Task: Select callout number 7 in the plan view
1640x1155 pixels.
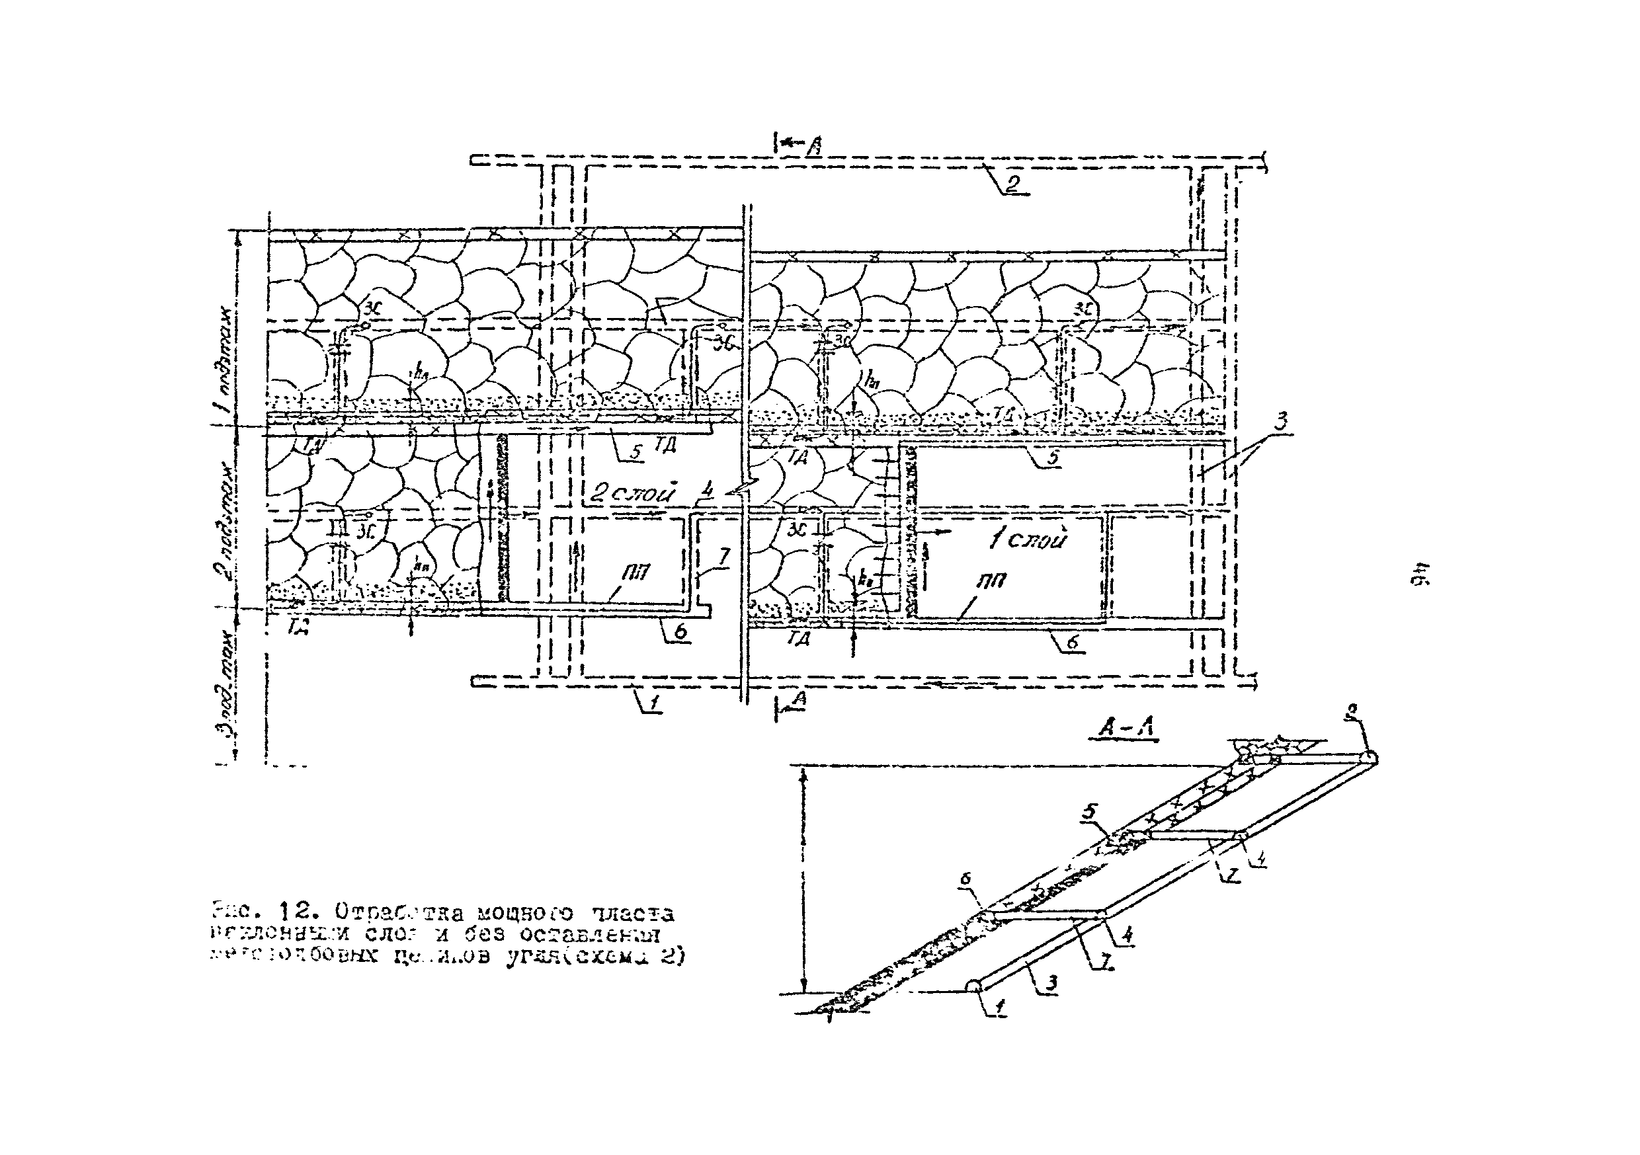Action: (x=722, y=558)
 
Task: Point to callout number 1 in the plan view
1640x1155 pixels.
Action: (x=654, y=703)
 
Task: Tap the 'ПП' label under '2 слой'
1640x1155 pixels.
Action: (x=634, y=571)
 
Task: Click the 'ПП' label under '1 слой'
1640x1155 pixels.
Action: (x=991, y=580)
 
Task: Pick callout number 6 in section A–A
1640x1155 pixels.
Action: (x=965, y=881)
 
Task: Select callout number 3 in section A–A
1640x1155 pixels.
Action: (x=1051, y=984)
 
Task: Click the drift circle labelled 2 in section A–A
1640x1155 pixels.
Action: (x=1370, y=758)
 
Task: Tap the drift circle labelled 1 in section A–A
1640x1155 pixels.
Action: (x=973, y=986)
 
